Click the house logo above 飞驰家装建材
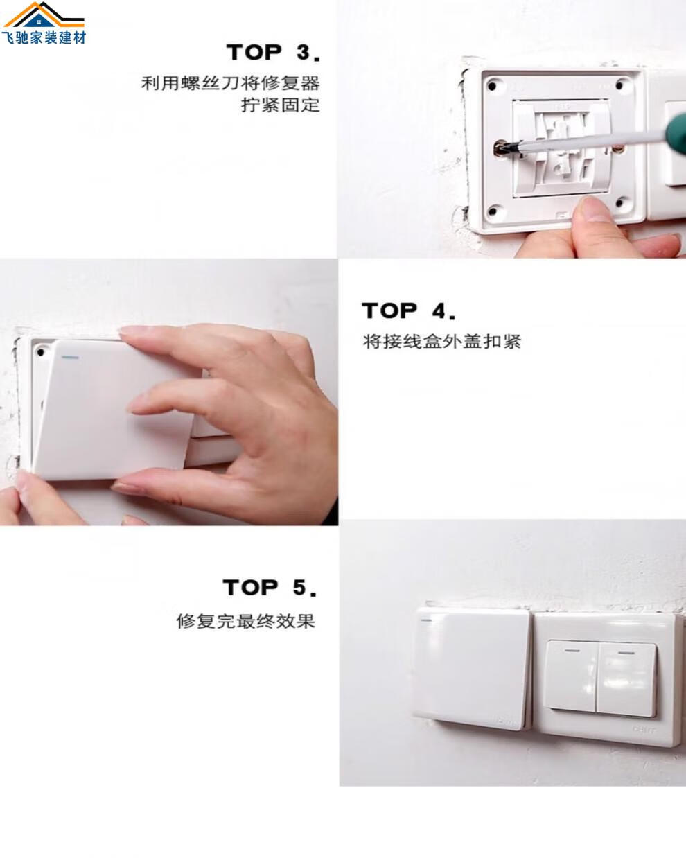point(44,15)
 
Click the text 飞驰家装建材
point(44,38)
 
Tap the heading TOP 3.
point(274,52)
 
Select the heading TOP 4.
point(409,310)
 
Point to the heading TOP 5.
point(270,587)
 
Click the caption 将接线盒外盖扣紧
point(441,342)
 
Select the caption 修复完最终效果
point(246,621)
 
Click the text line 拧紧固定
point(280,105)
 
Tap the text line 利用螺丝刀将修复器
point(230,83)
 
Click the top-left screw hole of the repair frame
point(492,86)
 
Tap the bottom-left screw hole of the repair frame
point(492,211)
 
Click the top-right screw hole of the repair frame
point(619,85)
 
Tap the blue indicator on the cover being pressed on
point(70,357)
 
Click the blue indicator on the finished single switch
point(426,620)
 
